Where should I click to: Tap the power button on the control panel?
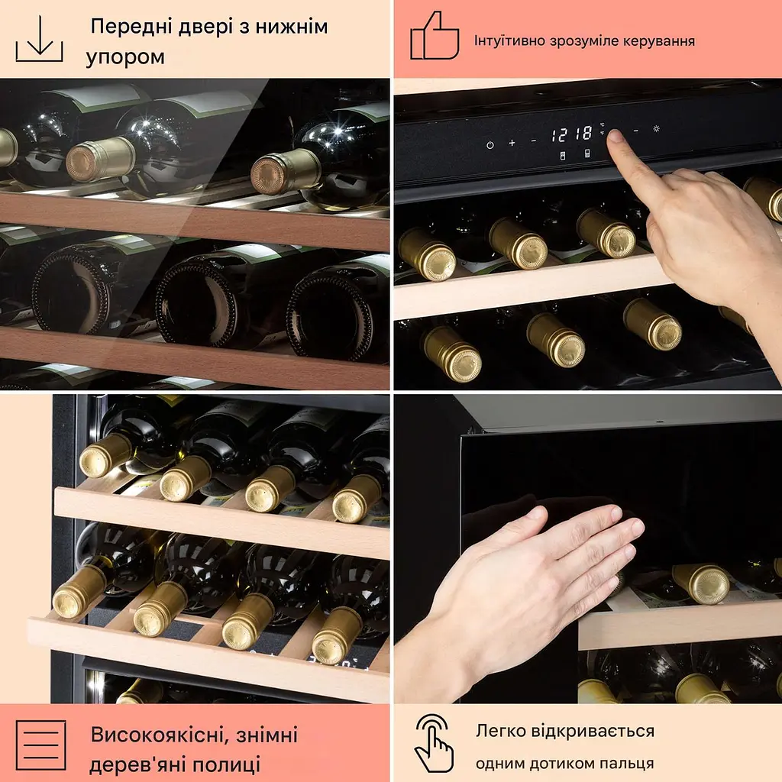490,145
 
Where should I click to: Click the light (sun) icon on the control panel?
656,128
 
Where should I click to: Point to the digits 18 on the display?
582,134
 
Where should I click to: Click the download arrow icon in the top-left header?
40,38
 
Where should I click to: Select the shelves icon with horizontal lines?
41,745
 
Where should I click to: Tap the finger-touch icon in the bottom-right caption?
435,743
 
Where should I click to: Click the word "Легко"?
500,731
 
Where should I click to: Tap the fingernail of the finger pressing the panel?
615,136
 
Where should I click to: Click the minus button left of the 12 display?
534,141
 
